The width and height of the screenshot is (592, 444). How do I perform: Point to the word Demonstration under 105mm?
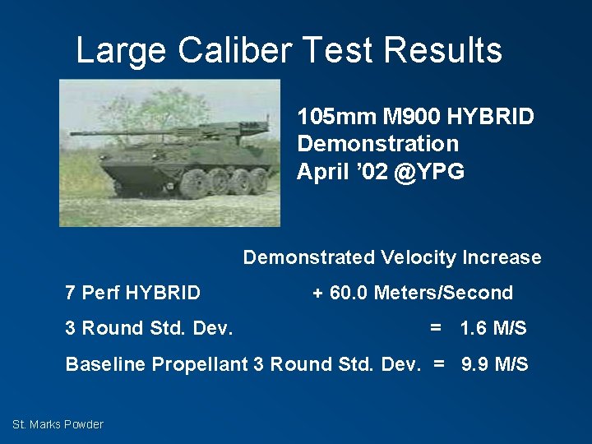coord(377,144)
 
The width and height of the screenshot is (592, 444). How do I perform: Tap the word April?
coord(322,172)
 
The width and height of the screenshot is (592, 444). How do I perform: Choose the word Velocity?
coord(418,257)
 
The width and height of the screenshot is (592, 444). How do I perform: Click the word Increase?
coord(502,257)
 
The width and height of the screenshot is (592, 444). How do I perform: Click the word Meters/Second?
coord(443,293)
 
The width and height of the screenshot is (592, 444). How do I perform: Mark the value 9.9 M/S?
coord(494,364)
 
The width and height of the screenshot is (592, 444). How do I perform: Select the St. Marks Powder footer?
coord(58,424)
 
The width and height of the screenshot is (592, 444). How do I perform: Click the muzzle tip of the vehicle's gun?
coord(72,132)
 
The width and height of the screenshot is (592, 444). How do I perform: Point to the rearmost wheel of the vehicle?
coord(259,179)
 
